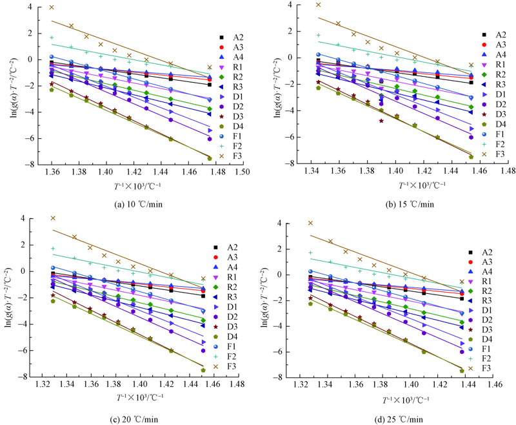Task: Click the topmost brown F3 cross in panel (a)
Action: coord(52,8)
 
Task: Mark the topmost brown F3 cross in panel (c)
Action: coord(53,218)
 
